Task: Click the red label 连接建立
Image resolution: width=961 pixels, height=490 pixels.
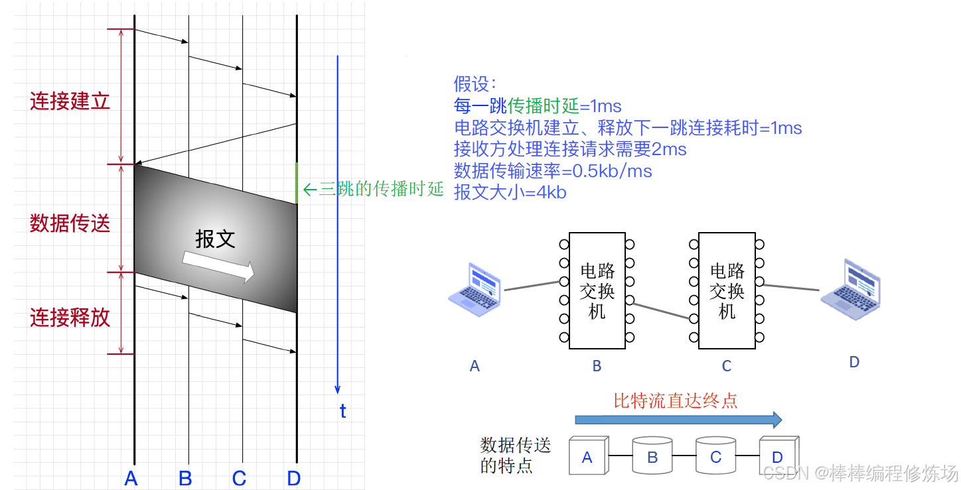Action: (x=70, y=101)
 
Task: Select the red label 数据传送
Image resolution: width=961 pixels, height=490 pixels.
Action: (x=70, y=223)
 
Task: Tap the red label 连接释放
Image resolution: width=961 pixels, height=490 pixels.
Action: (x=70, y=318)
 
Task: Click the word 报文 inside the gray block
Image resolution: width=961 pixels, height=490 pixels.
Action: (x=215, y=239)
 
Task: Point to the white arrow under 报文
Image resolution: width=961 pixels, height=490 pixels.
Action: (x=218, y=267)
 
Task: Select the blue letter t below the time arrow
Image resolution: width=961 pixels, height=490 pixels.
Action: (x=342, y=412)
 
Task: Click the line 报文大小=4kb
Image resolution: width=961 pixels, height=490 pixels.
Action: (x=510, y=192)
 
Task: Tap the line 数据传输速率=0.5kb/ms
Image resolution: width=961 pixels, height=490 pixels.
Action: (x=553, y=171)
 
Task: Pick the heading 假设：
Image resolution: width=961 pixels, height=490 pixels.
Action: (x=475, y=84)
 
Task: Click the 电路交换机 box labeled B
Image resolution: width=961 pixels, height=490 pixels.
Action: (x=597, y=290)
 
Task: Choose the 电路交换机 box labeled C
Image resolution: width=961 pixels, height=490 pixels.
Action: (x=727, y=290)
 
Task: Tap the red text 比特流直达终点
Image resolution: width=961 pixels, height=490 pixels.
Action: (x=675, y=400)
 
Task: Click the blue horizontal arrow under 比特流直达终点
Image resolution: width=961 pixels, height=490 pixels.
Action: (x=678, y=419)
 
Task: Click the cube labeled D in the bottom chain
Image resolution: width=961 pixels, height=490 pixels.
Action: (x=778, y=456)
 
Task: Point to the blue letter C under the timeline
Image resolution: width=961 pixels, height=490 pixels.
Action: (x=240, y=478)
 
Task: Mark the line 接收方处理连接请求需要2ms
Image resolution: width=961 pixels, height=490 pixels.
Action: (x=570, y=149)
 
